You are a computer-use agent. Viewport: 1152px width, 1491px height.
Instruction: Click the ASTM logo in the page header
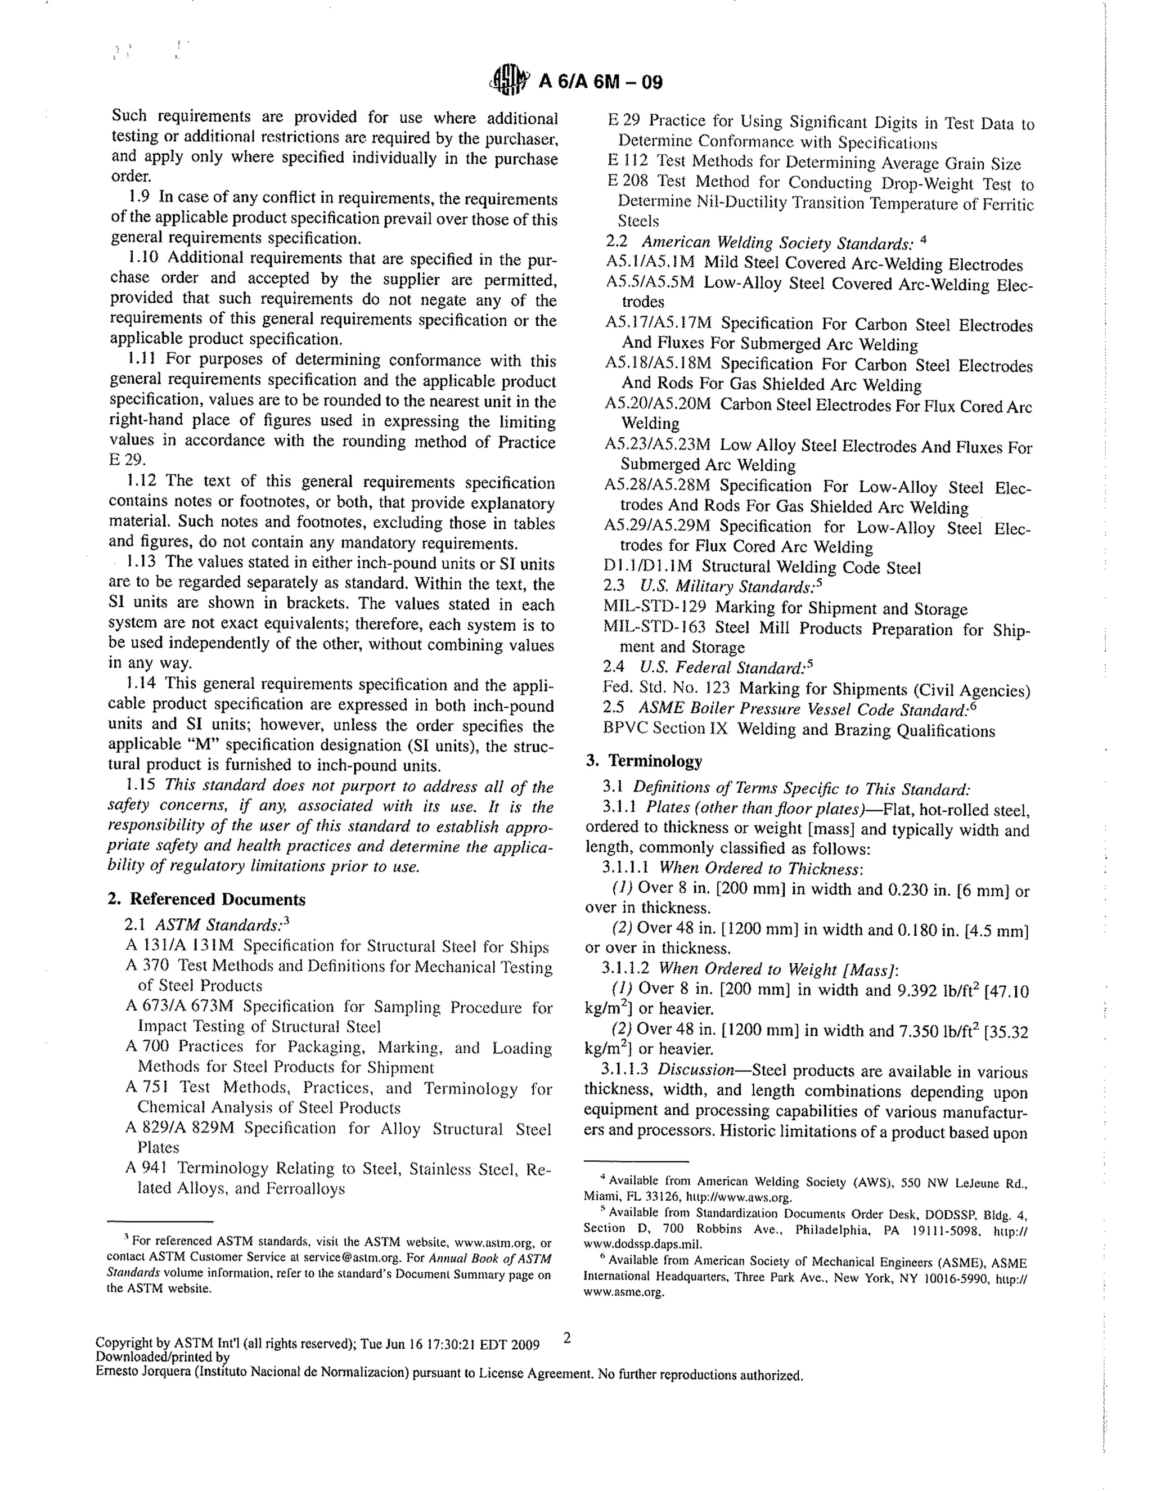509,80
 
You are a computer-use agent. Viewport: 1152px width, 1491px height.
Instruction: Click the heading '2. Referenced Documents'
208,899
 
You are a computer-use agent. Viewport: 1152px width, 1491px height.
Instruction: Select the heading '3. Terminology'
644,761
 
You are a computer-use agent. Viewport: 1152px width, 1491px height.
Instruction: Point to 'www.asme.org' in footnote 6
624,1292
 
